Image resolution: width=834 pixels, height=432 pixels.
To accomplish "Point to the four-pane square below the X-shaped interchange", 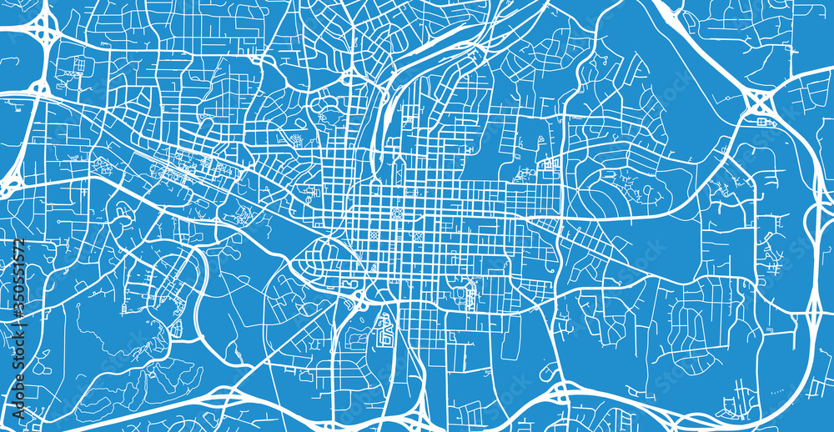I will (761, 123).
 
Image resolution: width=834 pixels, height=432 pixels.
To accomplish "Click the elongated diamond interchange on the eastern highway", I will (816, 313).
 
